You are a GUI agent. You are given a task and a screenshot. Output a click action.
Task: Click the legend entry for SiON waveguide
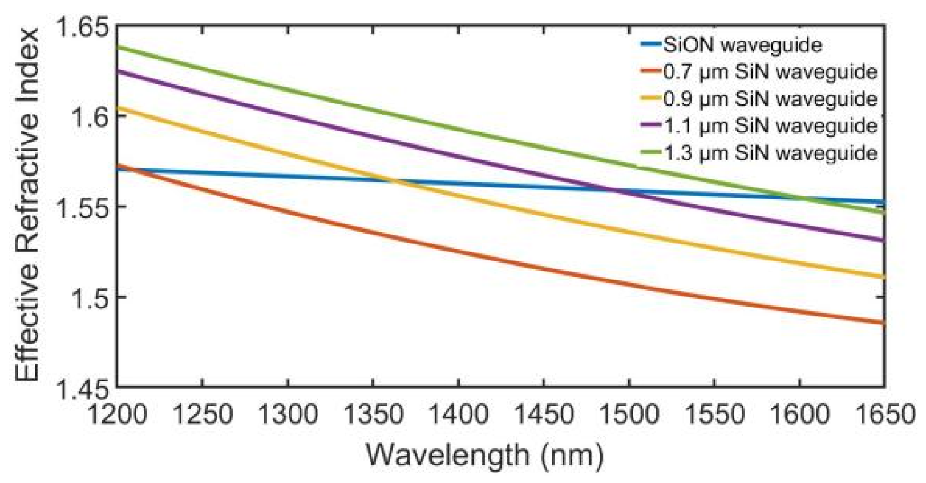(742, 45)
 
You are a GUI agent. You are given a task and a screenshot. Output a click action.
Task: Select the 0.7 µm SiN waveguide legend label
(770, 72)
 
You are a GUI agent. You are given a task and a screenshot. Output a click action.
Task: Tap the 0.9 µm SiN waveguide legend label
(770, 99)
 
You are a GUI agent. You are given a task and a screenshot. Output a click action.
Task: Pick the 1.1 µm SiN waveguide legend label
(770, 126)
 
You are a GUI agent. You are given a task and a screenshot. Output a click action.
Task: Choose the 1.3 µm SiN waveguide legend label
(770, 152)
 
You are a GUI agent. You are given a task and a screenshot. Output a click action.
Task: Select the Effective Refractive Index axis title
(27, 206)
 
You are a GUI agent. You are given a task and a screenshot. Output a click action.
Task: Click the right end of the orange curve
(884, 323)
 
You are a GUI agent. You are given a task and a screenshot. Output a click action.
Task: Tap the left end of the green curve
(118, 46)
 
